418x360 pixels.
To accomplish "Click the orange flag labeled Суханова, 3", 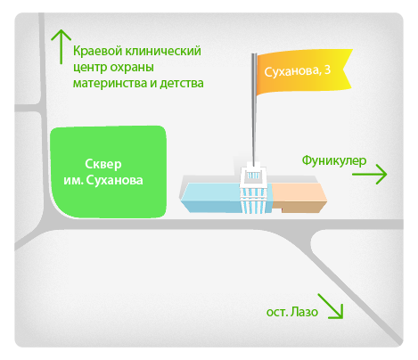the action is (303, 72).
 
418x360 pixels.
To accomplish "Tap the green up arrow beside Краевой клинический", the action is (61, 46).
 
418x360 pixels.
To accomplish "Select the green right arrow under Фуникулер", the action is (370, 175).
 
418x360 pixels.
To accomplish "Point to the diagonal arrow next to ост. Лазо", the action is (331, 307).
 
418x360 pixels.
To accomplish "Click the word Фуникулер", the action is (334, 160).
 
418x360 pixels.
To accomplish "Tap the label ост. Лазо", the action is (292, 312).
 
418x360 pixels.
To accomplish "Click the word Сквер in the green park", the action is (103, 164).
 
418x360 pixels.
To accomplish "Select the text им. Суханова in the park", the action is (103, 180).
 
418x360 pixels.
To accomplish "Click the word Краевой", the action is (97, 51).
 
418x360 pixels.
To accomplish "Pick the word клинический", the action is (163, 51).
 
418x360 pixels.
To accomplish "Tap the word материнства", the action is (111, 83).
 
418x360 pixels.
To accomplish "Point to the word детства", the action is (182, 83).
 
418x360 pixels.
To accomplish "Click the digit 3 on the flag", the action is (327, 70).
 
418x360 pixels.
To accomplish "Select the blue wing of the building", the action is (211, 198).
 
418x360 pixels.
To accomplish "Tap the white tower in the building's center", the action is (253, 188).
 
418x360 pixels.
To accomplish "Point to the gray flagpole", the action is (254, 110).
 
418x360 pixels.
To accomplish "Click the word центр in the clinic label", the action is (90, 68).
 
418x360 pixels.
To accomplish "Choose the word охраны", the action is (132, 68).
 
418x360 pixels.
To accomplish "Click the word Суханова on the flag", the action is (292, 71).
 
